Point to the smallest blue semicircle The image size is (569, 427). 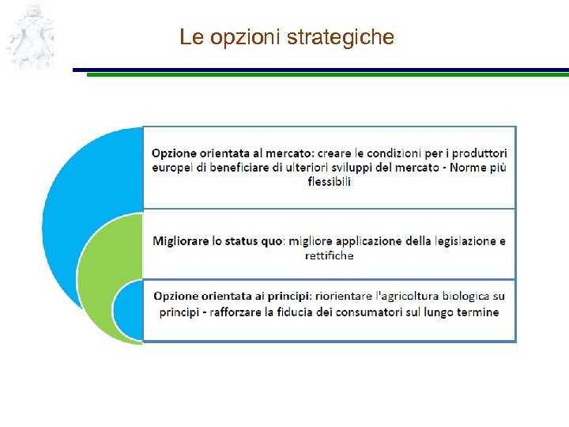coord(126,310)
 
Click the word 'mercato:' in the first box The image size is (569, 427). coord(290,153)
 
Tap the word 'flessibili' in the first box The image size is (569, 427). coord(329,182)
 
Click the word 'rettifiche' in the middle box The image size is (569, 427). coord(329,255)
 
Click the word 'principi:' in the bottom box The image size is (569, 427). coord(288,297)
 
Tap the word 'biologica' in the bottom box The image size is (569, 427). coord(464,297)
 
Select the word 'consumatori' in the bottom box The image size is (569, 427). coord(391,312)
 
